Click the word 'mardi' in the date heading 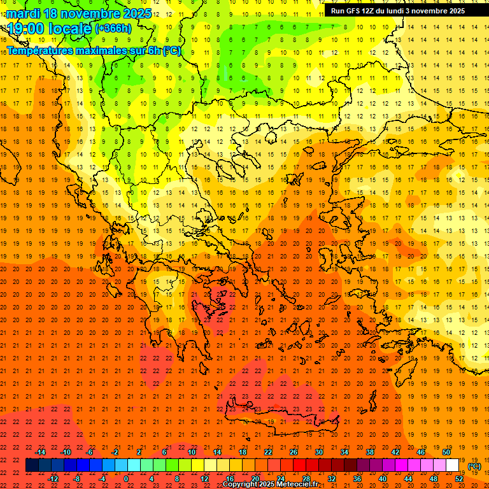[24, 13]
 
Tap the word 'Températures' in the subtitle [41, 50]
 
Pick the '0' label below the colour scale [126, 479]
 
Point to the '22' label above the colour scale [268, 452]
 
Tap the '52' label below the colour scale [459, 479]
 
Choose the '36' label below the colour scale [357, 479]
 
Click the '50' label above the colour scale [446, 452]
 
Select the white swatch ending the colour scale [452, 465]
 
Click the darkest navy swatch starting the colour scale [32, 465]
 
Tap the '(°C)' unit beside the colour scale [474, 466]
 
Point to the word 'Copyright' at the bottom [239, 485]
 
